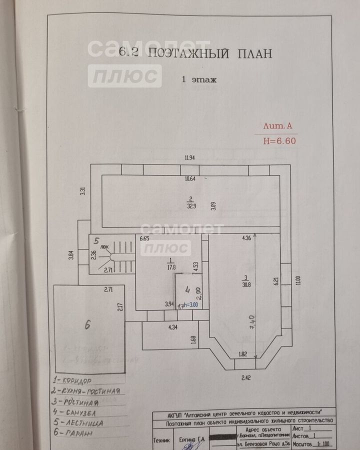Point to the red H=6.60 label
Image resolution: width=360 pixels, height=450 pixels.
(279, 140)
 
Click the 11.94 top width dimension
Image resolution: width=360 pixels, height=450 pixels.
(189, 158)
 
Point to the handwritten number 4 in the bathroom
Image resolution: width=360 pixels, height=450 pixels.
(186, 289)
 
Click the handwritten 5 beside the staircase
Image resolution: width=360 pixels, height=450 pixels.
(97, 241)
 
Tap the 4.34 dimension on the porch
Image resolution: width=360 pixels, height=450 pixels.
(172, 328)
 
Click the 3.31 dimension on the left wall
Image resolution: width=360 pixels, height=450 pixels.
(83, 190)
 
